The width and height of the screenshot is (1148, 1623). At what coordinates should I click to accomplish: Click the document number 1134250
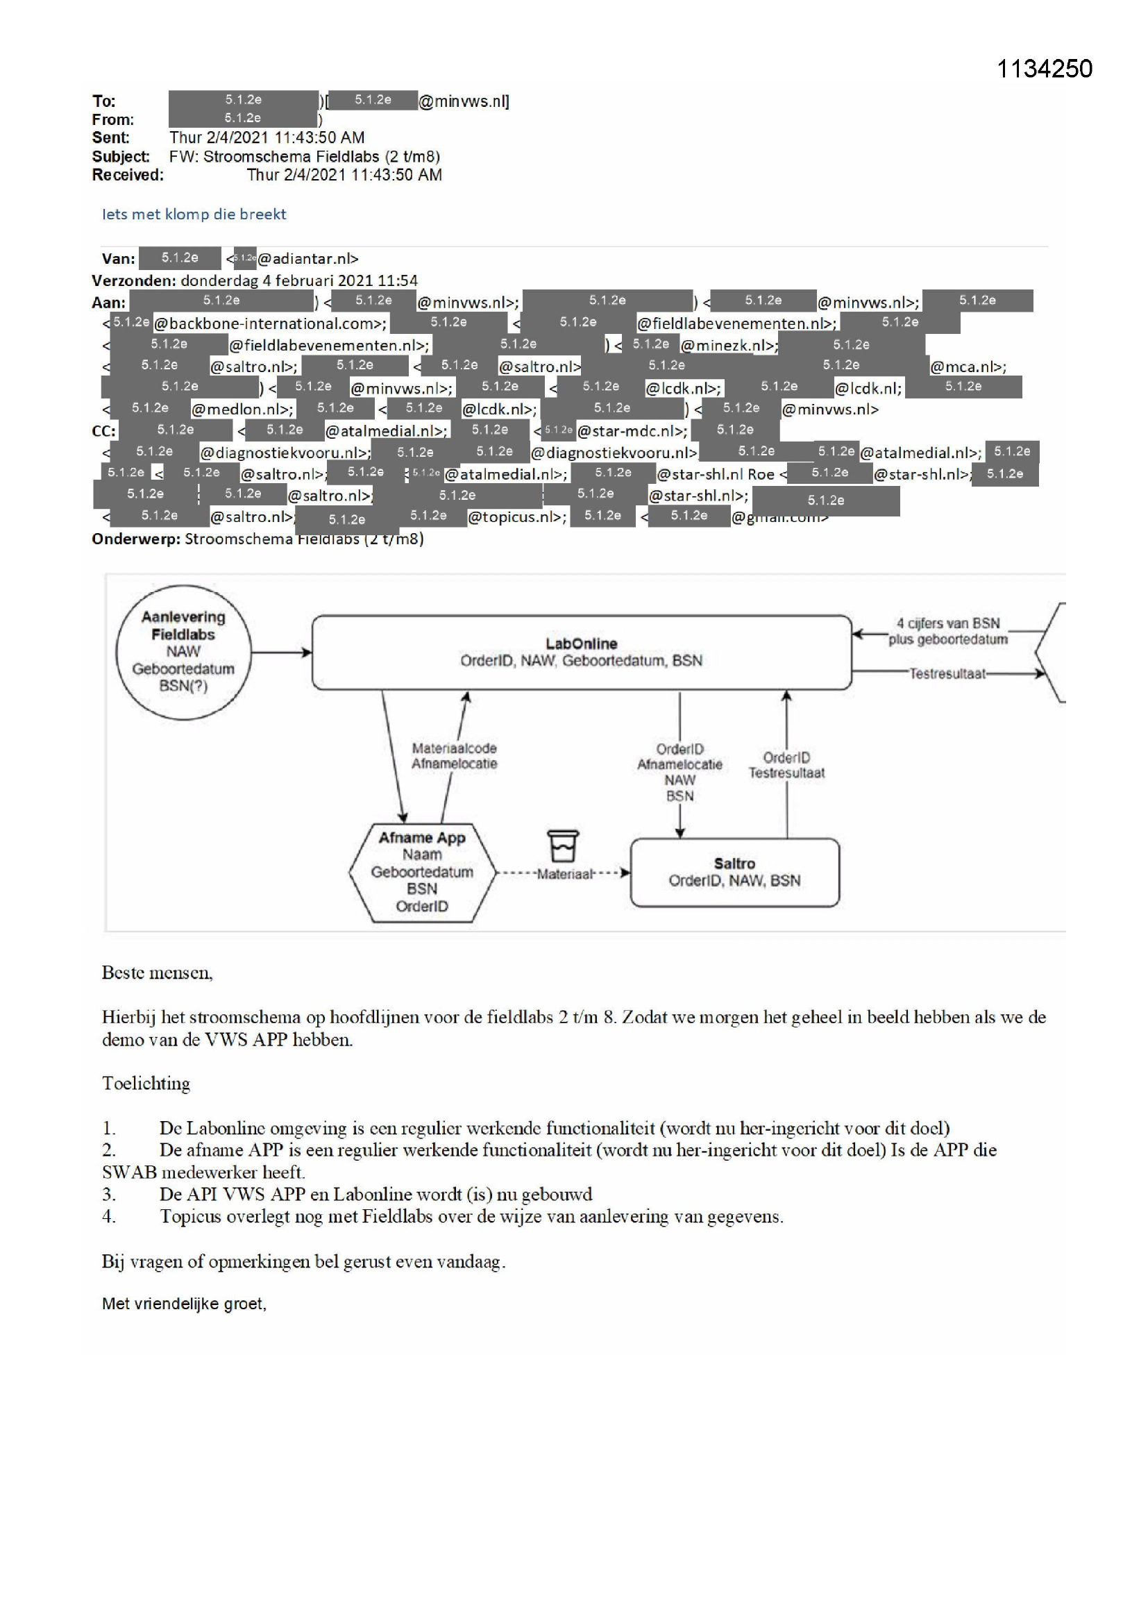(1043, 69)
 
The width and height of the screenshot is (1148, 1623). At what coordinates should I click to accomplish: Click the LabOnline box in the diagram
(581, 652)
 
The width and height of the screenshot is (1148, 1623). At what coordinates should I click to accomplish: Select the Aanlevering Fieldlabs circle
(183, 652)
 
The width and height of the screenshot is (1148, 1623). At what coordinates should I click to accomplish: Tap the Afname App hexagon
(421, 873)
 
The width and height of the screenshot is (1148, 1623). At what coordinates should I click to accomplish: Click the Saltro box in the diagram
(734, 873)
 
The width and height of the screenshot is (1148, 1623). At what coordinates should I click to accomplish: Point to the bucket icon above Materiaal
(563, 845)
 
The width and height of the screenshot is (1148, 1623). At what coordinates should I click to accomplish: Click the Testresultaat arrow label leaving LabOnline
(947, 673)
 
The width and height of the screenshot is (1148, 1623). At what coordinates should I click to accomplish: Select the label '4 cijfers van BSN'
(948, 623)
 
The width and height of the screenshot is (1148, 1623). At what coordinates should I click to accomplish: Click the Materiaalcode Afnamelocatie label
(454, 756)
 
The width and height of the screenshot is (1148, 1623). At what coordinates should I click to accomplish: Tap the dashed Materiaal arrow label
(564, 875)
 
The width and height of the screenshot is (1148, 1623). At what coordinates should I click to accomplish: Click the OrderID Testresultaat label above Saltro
(786, 765)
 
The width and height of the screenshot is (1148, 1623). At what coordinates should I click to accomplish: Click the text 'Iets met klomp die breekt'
(194, 215)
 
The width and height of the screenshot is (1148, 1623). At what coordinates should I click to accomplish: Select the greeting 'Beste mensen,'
(157, 973)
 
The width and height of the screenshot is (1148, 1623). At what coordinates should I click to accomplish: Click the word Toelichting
(146, 1084)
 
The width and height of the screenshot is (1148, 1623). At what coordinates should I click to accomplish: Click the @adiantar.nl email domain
(307, 259)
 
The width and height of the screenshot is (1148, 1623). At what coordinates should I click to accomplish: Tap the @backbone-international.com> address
(270, 323)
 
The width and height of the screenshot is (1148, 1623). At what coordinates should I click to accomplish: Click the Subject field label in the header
(120, 156)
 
